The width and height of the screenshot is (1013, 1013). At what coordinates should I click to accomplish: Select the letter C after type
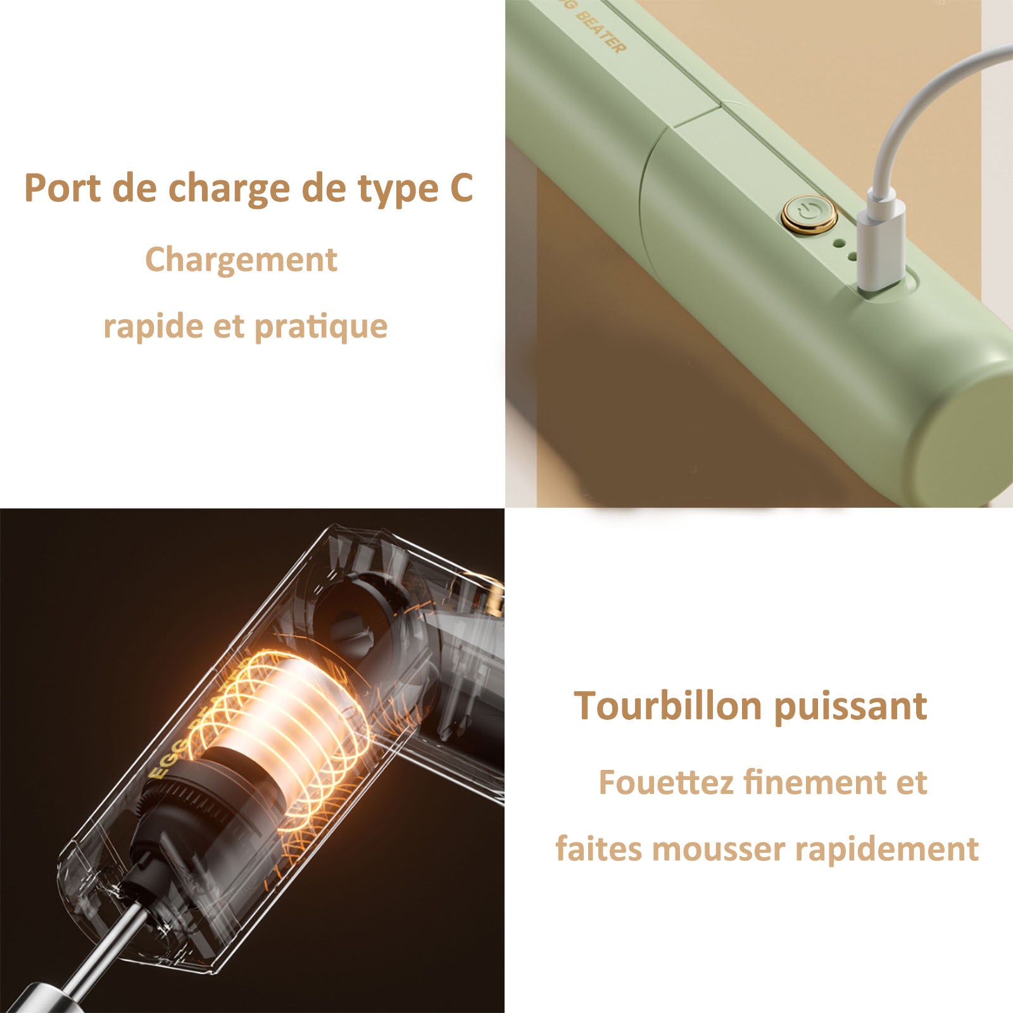(x=462, y=188)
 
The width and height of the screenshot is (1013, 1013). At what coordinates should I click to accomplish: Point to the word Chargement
(x=241, y=260)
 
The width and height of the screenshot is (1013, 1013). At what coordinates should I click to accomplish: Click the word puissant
(x=850, y=707)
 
